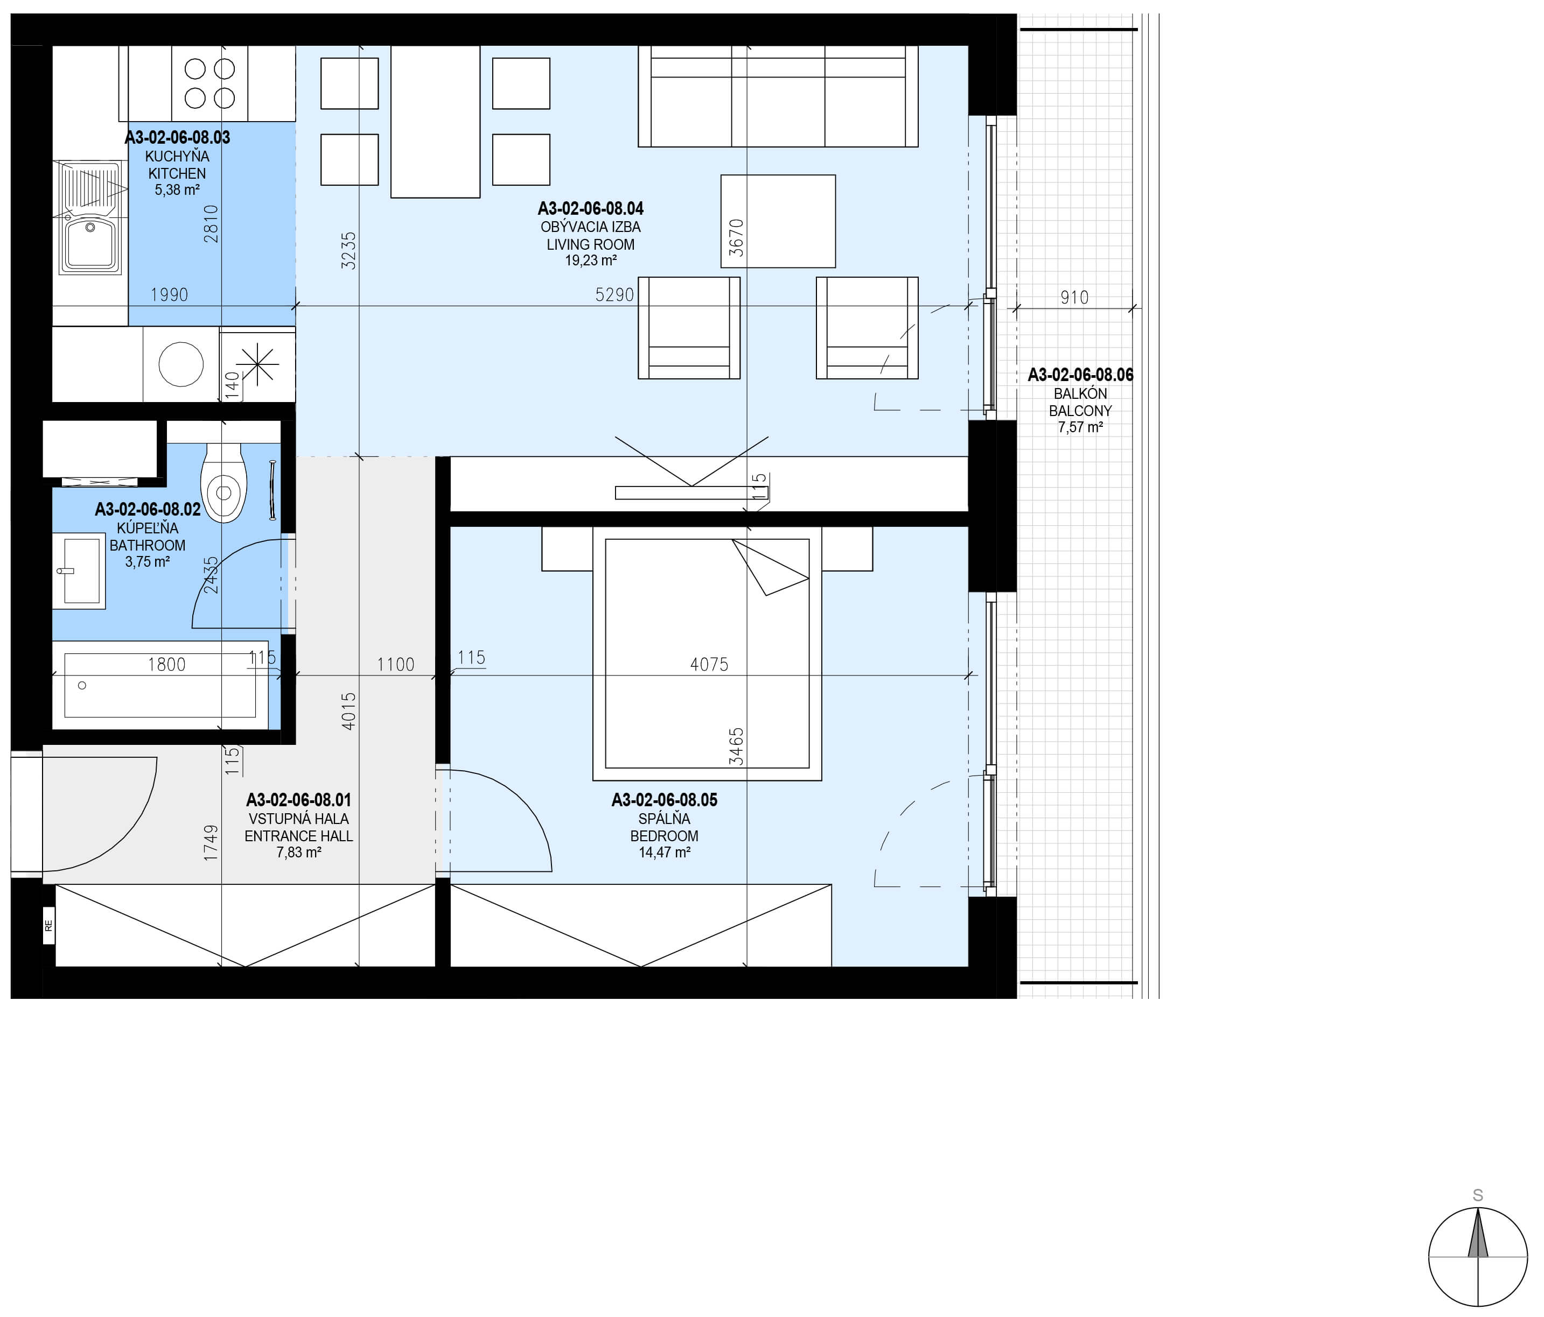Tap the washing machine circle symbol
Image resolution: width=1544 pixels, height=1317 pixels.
coord(181,364)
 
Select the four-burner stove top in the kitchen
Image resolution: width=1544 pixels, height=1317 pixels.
coord(209,83)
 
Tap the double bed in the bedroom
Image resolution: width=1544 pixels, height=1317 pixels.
coord(707,653)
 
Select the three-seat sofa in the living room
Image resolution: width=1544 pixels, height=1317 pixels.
coord(778,96)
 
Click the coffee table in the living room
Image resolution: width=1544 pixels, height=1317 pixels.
coord(778,221)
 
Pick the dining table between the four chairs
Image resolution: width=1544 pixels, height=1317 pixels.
coord(435,122)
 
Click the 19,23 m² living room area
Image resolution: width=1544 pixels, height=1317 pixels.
coord(591,260)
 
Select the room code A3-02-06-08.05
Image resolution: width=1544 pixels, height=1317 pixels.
coord(665,800)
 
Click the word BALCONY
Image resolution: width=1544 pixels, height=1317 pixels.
coord(1080,411)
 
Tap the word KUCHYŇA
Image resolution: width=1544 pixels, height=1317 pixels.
coord(177,157)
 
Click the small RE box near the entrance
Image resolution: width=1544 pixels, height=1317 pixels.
coord(48,926)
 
